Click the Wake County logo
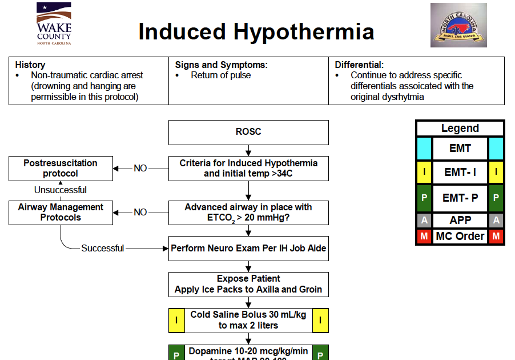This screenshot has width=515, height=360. (x=54, y=23)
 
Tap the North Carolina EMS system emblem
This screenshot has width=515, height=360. (x=458, y=25)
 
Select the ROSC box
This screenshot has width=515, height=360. (x=248, y=132)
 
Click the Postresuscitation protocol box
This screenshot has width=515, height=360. (x=61, y=168)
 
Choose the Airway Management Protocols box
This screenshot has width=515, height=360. (x=61, y=213)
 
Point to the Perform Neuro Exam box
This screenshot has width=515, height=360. (x=248, y=249)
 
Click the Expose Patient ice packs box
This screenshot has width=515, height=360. (x=248, y=284)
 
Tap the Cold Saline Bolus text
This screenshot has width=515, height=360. (x=248, y=320)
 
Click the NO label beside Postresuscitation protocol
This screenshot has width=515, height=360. (x=140, y=168)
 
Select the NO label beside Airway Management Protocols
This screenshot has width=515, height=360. (x=140, y=213)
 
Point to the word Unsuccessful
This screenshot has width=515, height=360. (x=61, y=190)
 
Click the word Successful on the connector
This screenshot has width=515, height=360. (x=102, y=248)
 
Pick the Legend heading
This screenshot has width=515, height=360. (x=460, y=129)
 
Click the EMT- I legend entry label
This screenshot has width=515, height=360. (x=460, y=171)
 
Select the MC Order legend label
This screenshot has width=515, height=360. (x=460, y=236)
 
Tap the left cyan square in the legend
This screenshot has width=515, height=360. (x=424, y=149)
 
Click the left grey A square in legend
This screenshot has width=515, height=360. (x=424, y=221)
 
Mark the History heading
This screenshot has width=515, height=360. (x=30, y=65)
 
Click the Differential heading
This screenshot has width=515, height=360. (x=359, y=65)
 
